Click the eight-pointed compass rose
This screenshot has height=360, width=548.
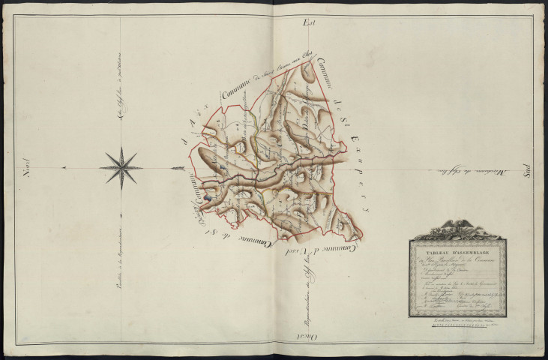pyautogui.click(x=121, y=165)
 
